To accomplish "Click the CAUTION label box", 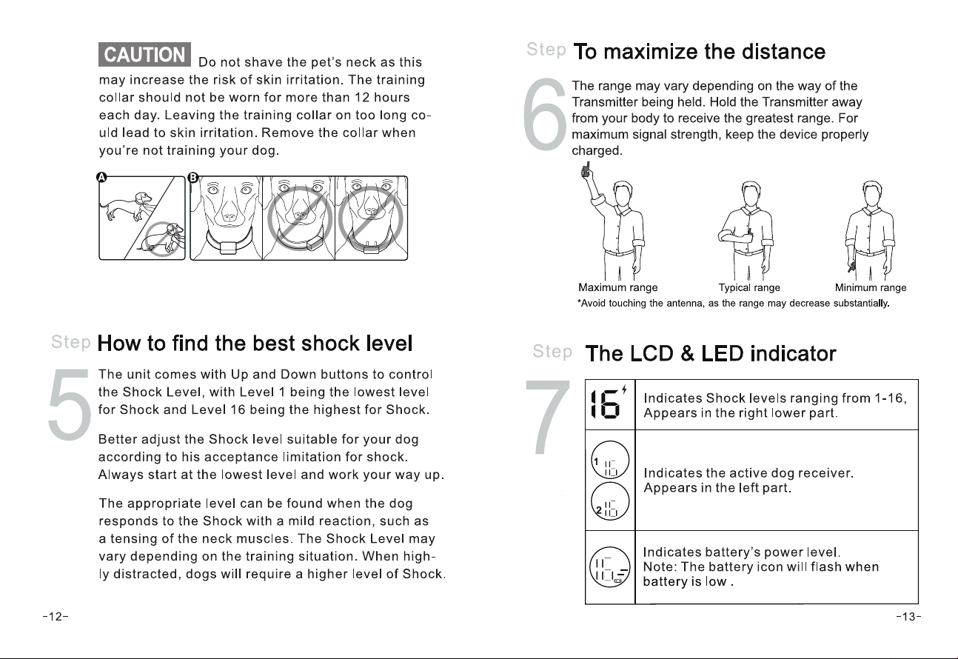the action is (x=144, y=54).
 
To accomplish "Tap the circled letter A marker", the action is (x=101, y=177).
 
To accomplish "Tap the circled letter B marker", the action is (x=193, y=177).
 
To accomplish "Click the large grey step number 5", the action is (x=70, y=404).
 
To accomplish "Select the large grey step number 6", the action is (x=545, y=114).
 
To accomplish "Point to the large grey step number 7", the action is (x=548, y=417).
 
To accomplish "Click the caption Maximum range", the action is (x=618, y=287).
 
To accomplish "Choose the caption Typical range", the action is (x=749, y=287).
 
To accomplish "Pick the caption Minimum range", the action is (x=871, y=287).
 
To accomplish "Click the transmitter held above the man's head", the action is (x=586, y=170).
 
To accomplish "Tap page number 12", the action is (x=56, y=616).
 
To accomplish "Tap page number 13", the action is (x=909, y=616).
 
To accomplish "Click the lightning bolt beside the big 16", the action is (x=624, y=389).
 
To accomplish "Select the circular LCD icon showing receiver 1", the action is (x=610, y=460).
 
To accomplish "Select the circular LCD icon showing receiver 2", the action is (x=610, y=501).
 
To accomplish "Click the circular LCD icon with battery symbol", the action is (x=610, y=567).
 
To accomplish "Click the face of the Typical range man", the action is (x=751, y=195).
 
